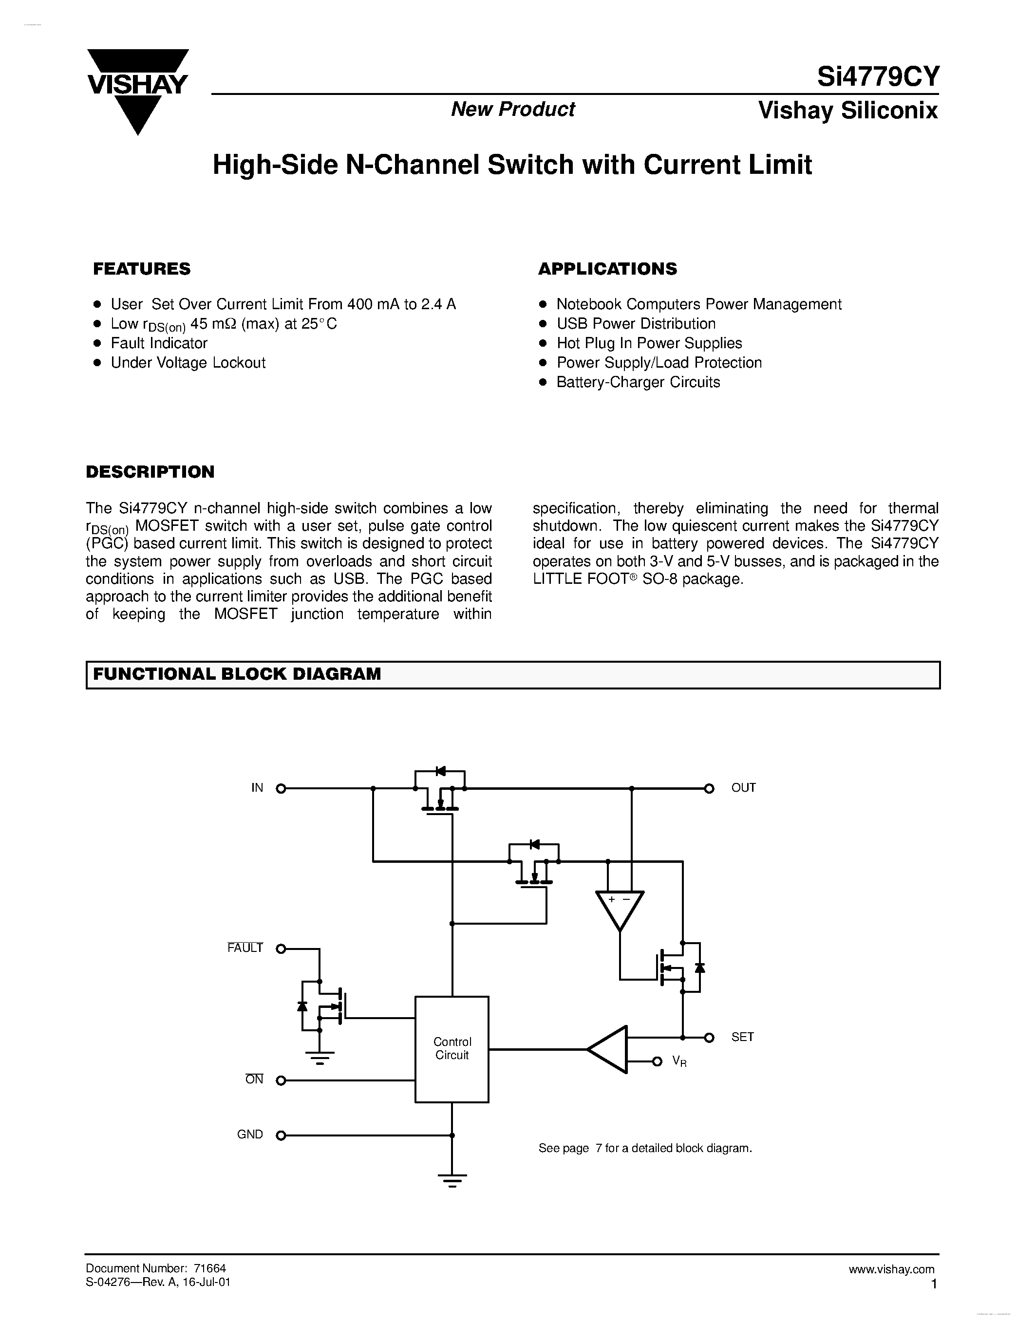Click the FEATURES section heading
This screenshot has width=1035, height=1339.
point(142,269)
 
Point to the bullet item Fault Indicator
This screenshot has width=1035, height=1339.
point(159,343)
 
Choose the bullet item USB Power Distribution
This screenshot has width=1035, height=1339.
point(635,323)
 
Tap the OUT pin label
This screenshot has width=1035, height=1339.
point(743,788)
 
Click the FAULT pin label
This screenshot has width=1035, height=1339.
point(245,948)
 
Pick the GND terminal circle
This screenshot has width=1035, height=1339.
point(281,1135)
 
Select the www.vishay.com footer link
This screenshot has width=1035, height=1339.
point(891,1269)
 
